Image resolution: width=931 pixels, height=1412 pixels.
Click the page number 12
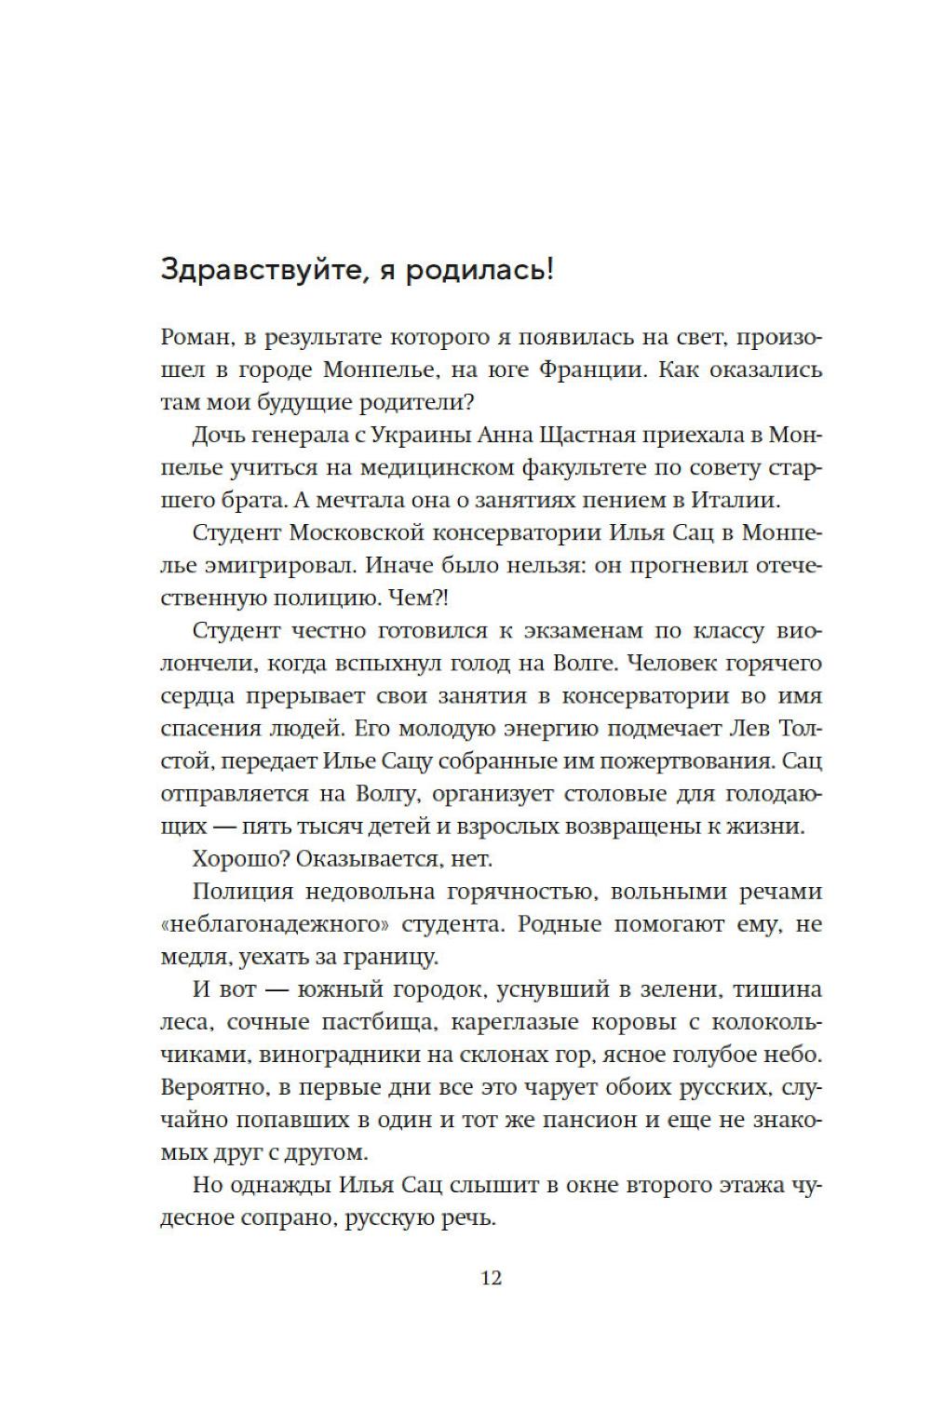pyautogui.click(x=491, y=1277)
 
